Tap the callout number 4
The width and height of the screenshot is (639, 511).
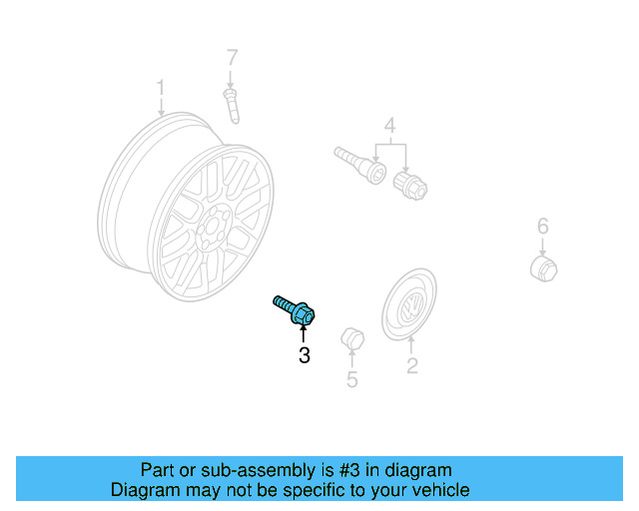pos(389,126)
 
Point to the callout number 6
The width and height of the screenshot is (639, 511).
pos(542,226)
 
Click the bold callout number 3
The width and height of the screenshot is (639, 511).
pos(304,354)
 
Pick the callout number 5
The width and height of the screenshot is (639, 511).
pos(351,379)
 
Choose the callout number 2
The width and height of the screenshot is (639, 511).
pos(411,366)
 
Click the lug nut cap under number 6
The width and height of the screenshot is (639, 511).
pos(542,267)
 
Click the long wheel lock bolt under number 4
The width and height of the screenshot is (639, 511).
pos(357,164)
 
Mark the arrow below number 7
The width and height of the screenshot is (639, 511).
pos(231,77)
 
